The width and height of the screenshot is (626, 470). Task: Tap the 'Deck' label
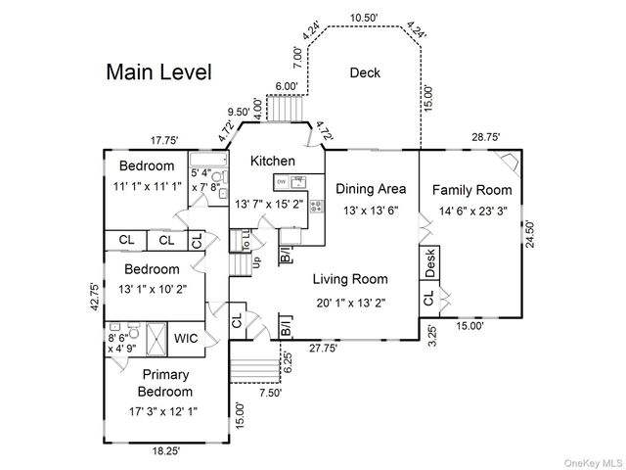[365, 72]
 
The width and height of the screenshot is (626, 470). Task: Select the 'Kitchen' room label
[272, 161]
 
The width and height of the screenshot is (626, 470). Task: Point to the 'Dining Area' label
[371, 188]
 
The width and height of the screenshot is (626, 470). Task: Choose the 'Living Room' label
[350, 279]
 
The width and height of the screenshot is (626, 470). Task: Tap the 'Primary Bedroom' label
[166, 383]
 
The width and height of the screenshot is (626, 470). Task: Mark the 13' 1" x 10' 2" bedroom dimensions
[152, 288]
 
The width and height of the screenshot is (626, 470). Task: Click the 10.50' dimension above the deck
[364, 18]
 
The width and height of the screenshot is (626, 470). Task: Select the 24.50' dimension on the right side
[530, 236]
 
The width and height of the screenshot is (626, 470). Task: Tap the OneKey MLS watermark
[591, 459]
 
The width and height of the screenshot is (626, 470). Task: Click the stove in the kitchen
[316, 206]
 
